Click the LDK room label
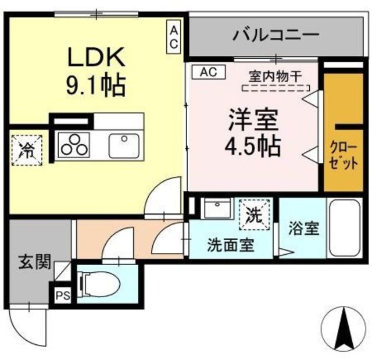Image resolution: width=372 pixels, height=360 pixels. point(96,59)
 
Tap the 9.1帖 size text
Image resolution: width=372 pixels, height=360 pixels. point(96,87)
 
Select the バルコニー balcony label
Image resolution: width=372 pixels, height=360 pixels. point(276,34)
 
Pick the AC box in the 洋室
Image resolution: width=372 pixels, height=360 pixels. point(208,72)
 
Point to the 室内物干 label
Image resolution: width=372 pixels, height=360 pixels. point(276,76)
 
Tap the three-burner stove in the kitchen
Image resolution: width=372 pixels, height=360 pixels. point(74,144)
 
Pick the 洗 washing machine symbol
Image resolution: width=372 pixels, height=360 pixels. point(255,213)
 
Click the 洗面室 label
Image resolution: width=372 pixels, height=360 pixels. point(230,245)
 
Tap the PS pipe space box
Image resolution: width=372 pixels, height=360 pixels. point(63,295)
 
